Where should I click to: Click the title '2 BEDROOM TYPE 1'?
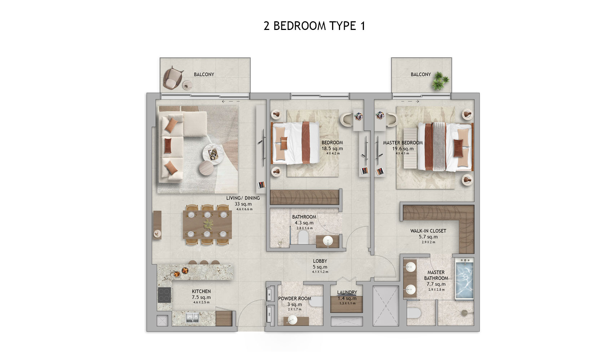(314, 26)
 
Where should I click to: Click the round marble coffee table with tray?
(213, 154)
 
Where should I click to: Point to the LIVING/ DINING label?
(243, 198)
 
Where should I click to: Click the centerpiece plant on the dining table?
(208, 224)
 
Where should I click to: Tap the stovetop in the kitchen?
(164, 294)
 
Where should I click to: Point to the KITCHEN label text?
(201, 291)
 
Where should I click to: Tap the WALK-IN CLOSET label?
(428, 231)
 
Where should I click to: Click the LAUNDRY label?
(347, 293)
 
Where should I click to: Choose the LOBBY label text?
(320, 261)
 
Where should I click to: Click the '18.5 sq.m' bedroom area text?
(332, 149)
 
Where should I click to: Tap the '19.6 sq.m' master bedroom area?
(403, 149)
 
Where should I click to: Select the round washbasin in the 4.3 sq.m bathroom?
(327, 241)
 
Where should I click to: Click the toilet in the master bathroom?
(414, 313)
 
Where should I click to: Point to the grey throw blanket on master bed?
(439, 146)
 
